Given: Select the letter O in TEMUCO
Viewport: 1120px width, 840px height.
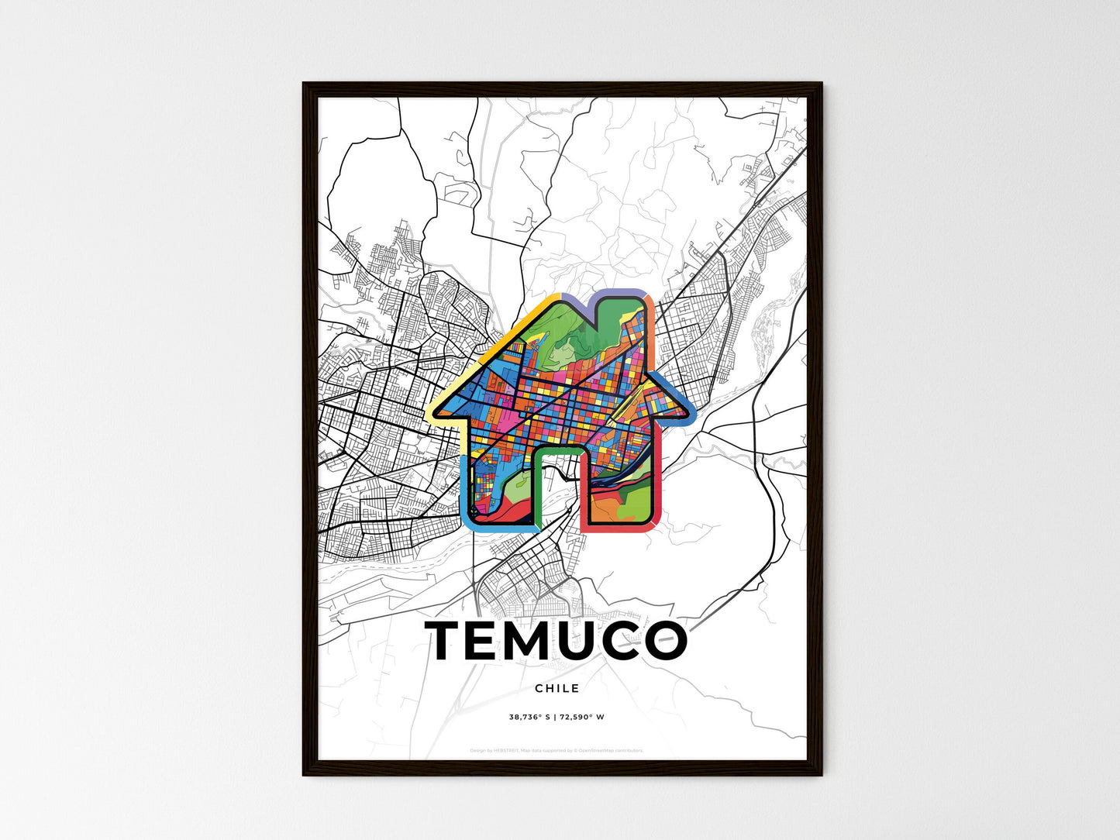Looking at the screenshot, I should tap(661, 641).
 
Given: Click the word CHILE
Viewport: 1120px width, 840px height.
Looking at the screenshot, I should tap(557, 688).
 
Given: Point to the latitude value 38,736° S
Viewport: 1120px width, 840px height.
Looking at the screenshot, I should tap(529, 717).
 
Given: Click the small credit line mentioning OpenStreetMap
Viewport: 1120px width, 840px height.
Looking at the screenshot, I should tap(557, 750).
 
